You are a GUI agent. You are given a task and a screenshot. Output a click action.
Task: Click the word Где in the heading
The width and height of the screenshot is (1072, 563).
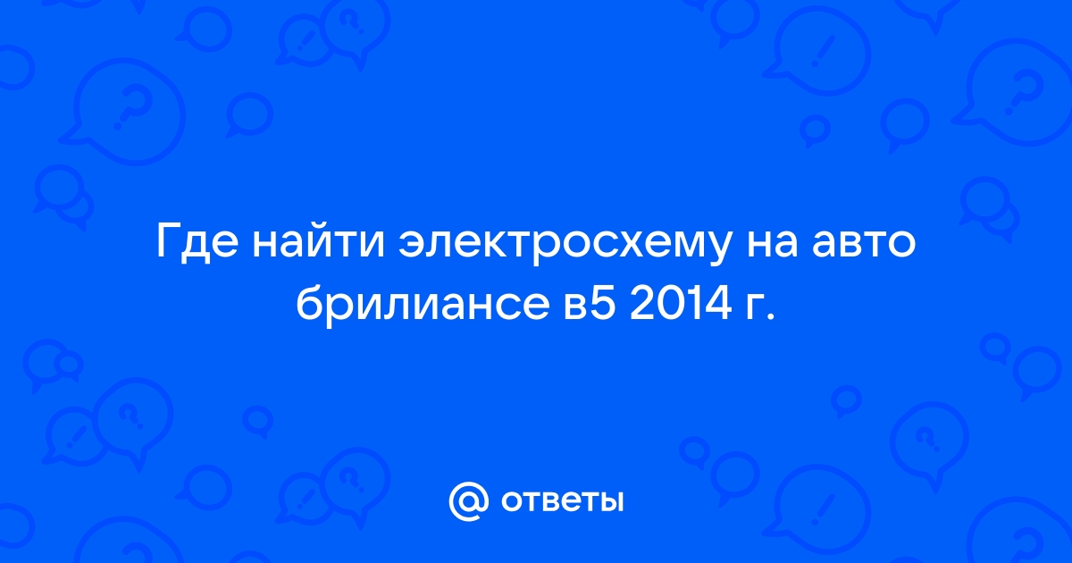click(197, 243)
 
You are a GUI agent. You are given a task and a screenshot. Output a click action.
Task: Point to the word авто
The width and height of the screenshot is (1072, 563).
click(862, 244)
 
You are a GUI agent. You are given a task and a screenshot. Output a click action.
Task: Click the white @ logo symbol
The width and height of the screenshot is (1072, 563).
click(468, 501)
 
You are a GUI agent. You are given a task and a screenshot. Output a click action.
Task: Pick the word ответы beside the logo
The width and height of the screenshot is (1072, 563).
click(562, 501)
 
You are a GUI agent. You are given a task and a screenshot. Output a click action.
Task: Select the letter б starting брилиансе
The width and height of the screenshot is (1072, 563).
click(310, 302)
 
